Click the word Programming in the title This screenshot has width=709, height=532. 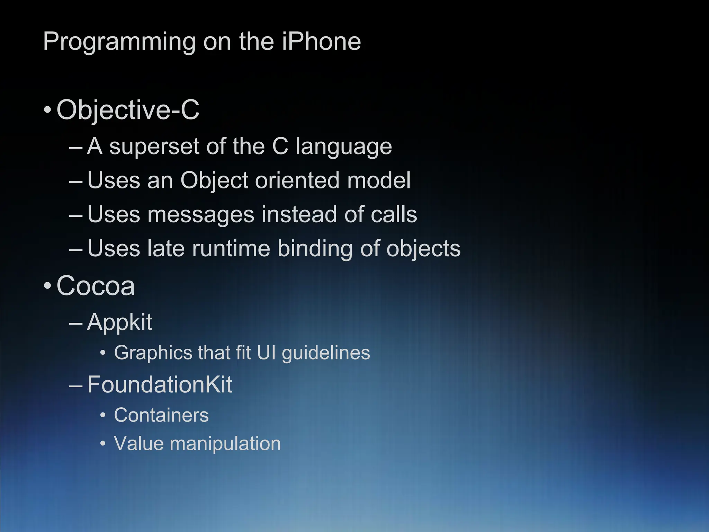[119, 42]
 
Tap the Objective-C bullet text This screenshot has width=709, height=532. [128, 110]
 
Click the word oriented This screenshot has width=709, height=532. [297, 180]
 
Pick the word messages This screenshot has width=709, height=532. [201, 215]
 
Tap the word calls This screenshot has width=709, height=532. [394, 215]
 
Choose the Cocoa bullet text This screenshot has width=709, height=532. [96, 286]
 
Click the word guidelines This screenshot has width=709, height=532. [326, 353]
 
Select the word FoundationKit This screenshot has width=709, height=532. [160, 384]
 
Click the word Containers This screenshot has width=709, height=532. [161, 415]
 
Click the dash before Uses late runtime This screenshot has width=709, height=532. [76, 250]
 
